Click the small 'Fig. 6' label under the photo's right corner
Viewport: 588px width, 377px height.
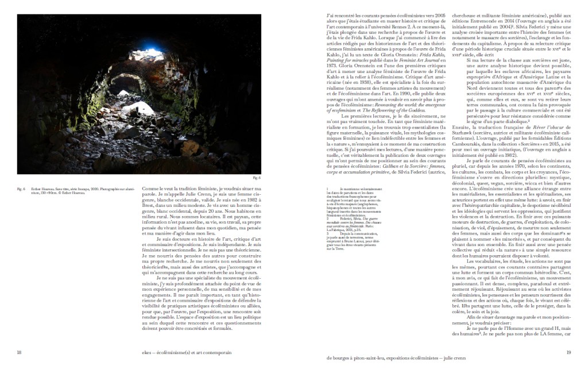pos(257,179)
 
